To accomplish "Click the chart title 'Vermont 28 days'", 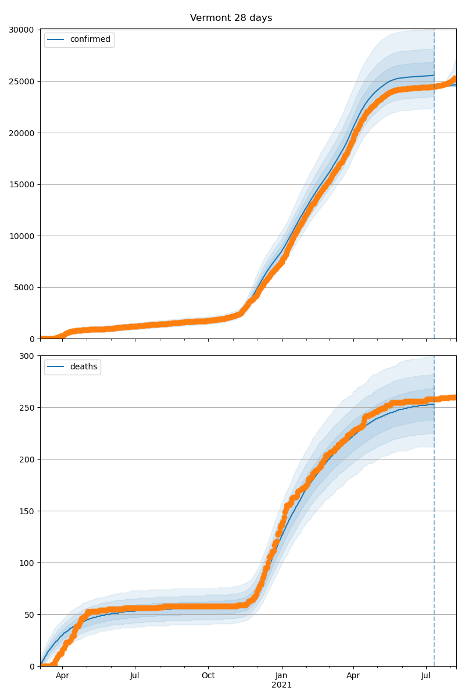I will pos(231,18).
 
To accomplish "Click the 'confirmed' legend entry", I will pos(90,40).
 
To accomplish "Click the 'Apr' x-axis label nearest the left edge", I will pos(62,676).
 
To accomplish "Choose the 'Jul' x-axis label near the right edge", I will pos(426,676).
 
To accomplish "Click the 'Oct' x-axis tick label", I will pos(208,676).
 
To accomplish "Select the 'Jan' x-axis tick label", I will pos(282,676).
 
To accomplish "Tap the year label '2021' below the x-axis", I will pos(282,685).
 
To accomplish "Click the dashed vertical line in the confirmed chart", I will pos(434,174).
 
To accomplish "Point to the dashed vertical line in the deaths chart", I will pos(434,523).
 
